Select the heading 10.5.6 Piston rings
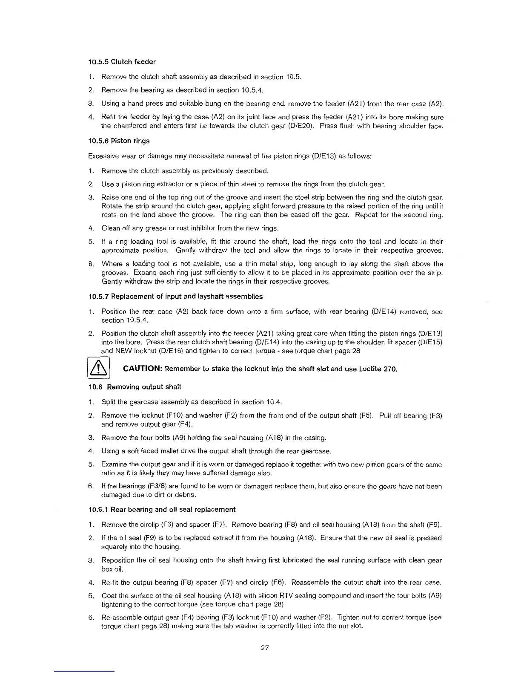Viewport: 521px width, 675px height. click(119, 141)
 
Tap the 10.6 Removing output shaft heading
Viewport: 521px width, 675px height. click(135, 387)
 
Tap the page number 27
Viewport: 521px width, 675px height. click(264, 648)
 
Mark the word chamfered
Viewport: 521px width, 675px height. click(131, 126)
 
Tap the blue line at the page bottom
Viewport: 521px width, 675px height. click(84, 672)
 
